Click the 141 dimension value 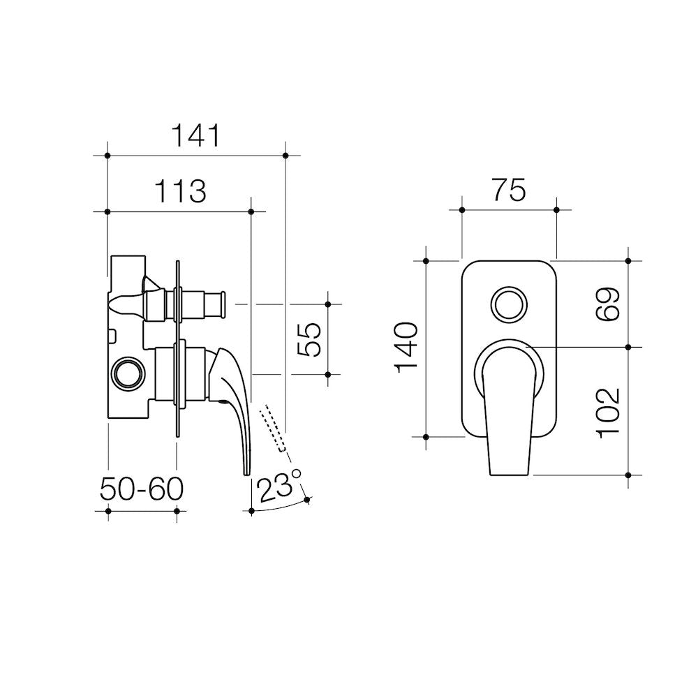[195, 135]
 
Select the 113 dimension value [180, 191]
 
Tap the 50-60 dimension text [142, 489]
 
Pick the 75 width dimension [509, 190]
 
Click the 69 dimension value [608, 304]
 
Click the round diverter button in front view [510, 304]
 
